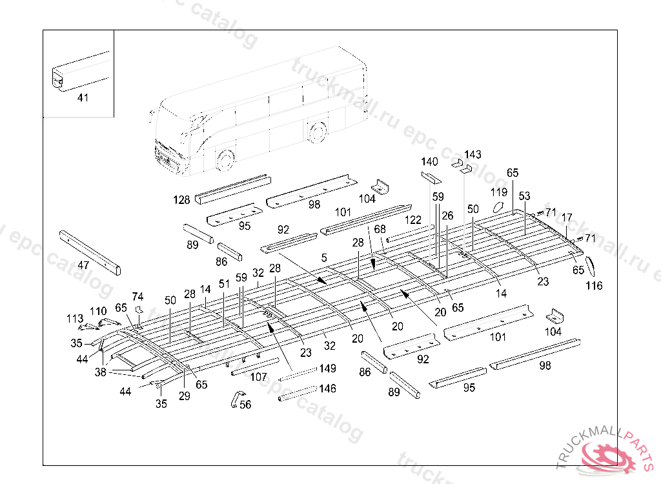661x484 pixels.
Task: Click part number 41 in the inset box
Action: (x=83, y=98)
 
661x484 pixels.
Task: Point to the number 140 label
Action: (x=430, y=161)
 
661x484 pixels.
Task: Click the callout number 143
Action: (x=473, y=155)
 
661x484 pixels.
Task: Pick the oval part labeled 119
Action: (x=498, y=208)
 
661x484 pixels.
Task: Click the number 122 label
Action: (x=412, y=220)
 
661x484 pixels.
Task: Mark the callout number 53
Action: (x=524, y=196)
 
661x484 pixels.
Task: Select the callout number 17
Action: (x=567, y=217)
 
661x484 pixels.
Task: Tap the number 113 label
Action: (x=75, y=318)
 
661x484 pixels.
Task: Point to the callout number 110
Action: (x=98, y=312)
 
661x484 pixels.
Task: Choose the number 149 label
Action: (x=327, y=369)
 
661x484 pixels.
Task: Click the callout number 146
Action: (x=327, y=388)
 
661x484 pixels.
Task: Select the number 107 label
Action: (x=258, y=377)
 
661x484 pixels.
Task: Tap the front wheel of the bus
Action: (x=225, y=159)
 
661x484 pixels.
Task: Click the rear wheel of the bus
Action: (x=316, y=132)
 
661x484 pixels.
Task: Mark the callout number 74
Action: (x=137, y=296)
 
